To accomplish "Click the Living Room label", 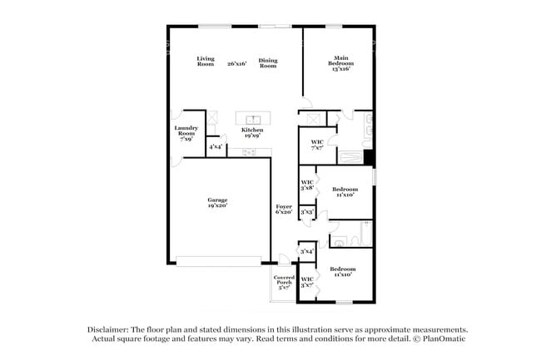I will coord(206,62).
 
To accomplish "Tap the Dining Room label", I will coord(267,62).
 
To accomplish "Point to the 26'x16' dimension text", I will coord(237,62).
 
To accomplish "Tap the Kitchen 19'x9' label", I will coord(252,133).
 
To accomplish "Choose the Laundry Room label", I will coord(186,133).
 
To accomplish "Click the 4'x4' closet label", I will coord(216,146).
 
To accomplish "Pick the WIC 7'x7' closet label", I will coord(316,145).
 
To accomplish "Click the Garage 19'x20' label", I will coord(217,203).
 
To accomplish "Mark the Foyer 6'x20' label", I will coord(284,209).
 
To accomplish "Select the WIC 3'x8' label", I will coord(307,184).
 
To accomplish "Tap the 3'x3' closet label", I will coord(307,212).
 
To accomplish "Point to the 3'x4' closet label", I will coord(306,250).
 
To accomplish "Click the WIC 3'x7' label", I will coord(307,282).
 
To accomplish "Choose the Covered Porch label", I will coord(285,282).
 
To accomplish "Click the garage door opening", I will coord(222,262).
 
